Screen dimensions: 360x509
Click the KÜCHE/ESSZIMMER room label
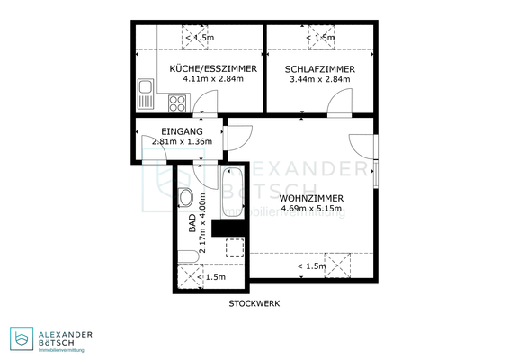(x=214, y=68)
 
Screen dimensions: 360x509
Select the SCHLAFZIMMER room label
(x=319, y=68)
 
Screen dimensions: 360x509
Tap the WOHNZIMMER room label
(x=311, y=197)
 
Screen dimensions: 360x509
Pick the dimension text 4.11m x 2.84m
(x=214, y=79)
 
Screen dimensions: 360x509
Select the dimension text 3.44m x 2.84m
(x=319, y=79)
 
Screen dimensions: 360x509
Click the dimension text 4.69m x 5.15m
(x=311, y=208)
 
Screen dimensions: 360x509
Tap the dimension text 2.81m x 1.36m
(x=182, y=141)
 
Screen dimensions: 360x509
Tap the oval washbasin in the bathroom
(x=185, y=197)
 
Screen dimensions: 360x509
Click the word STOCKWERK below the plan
(x=254, y=303)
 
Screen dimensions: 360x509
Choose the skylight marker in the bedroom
(x=318, y=36)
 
